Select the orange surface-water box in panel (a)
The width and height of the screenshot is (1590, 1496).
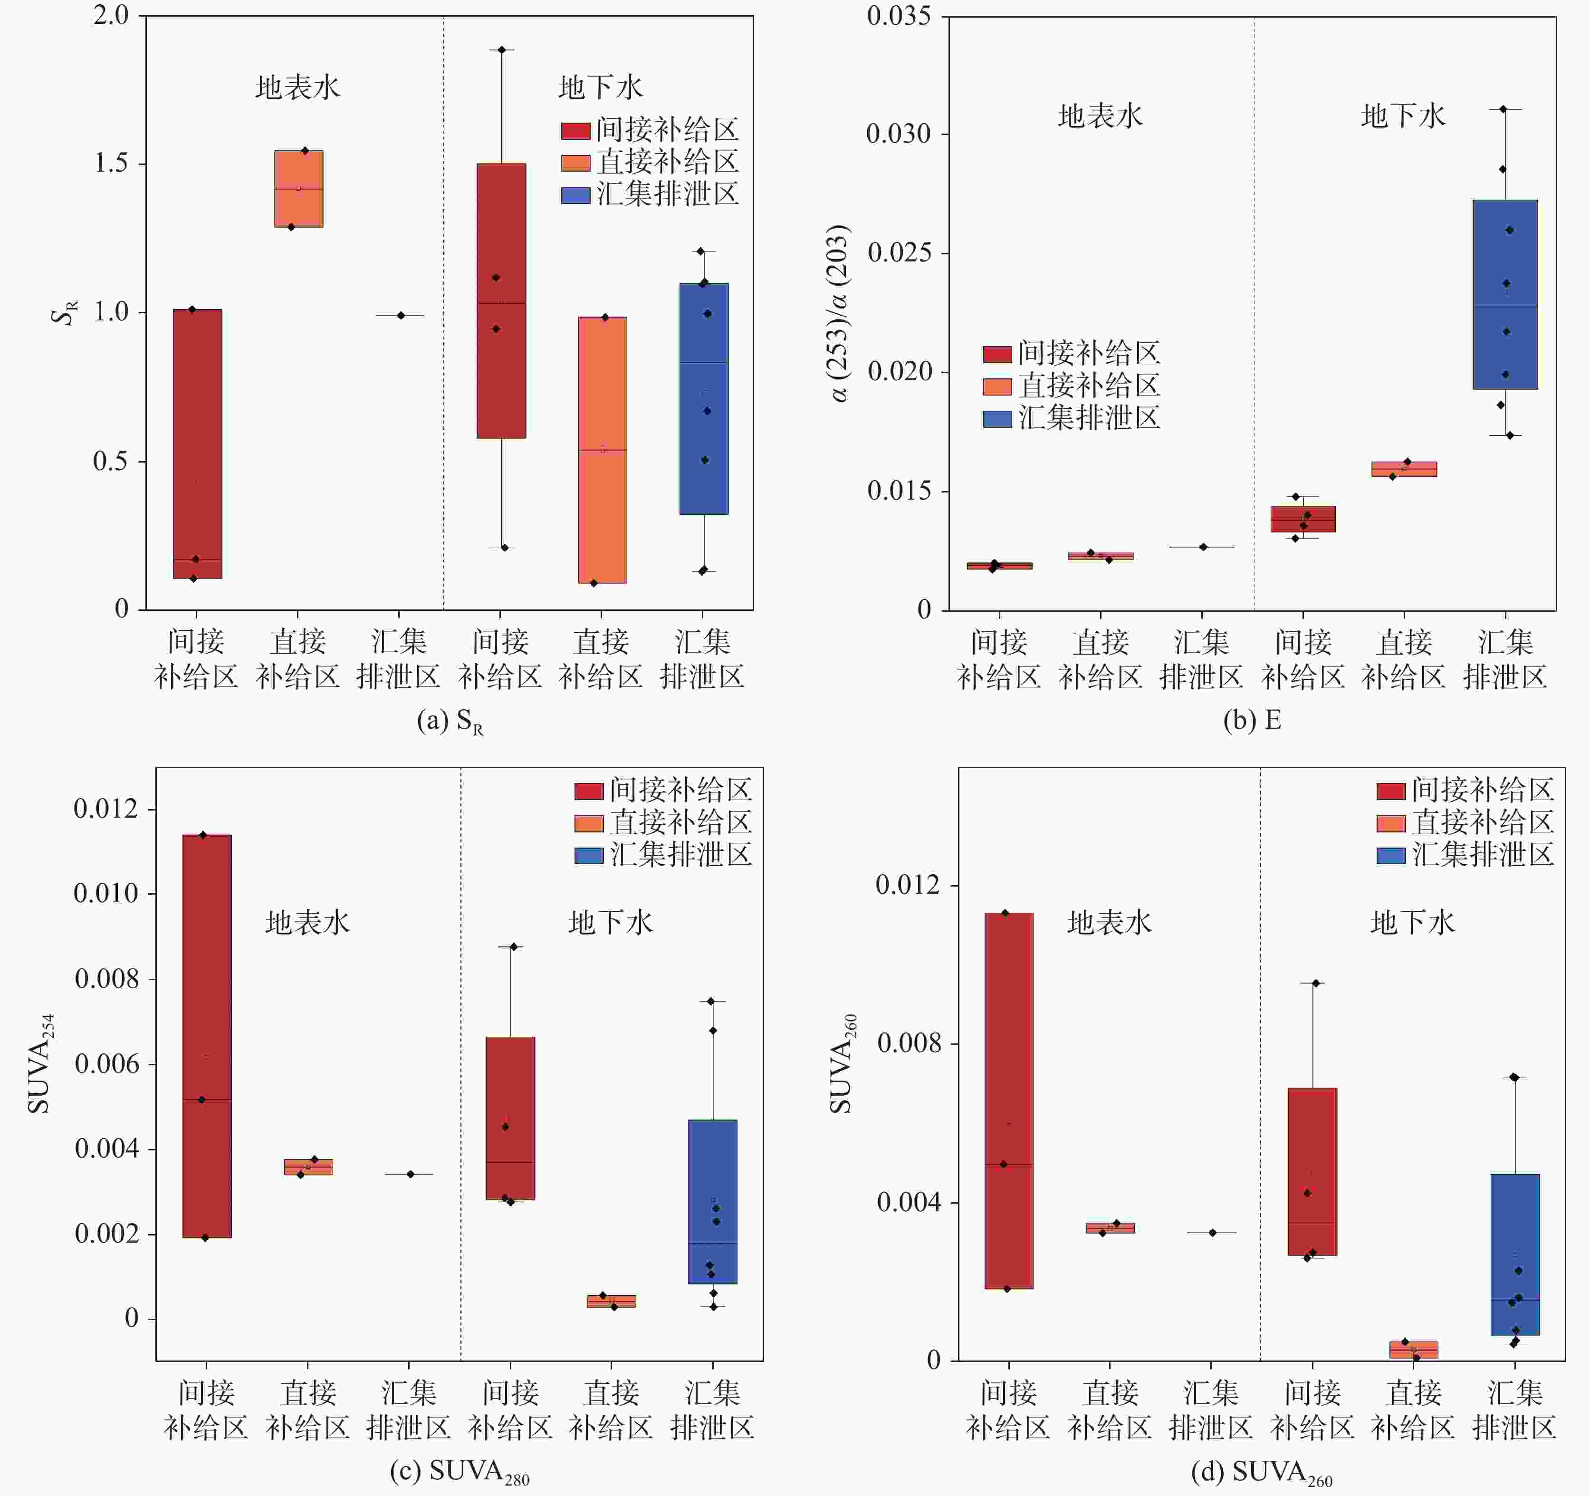click(x=298, y=189)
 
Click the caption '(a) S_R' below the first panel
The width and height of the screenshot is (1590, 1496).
click(x=450, y=722)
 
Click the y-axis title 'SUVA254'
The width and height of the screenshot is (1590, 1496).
click(x=40, y=1063)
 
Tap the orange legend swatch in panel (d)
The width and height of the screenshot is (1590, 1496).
click(x=1391, y=823)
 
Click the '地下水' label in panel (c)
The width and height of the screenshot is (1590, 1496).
click(x=610, y=922)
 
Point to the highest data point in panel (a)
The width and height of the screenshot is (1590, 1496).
click(x=501, y=49)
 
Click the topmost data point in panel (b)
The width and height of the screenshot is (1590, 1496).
click(x=1503, y=109)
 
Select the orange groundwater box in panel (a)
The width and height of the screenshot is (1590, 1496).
click(x=602, y=450)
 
